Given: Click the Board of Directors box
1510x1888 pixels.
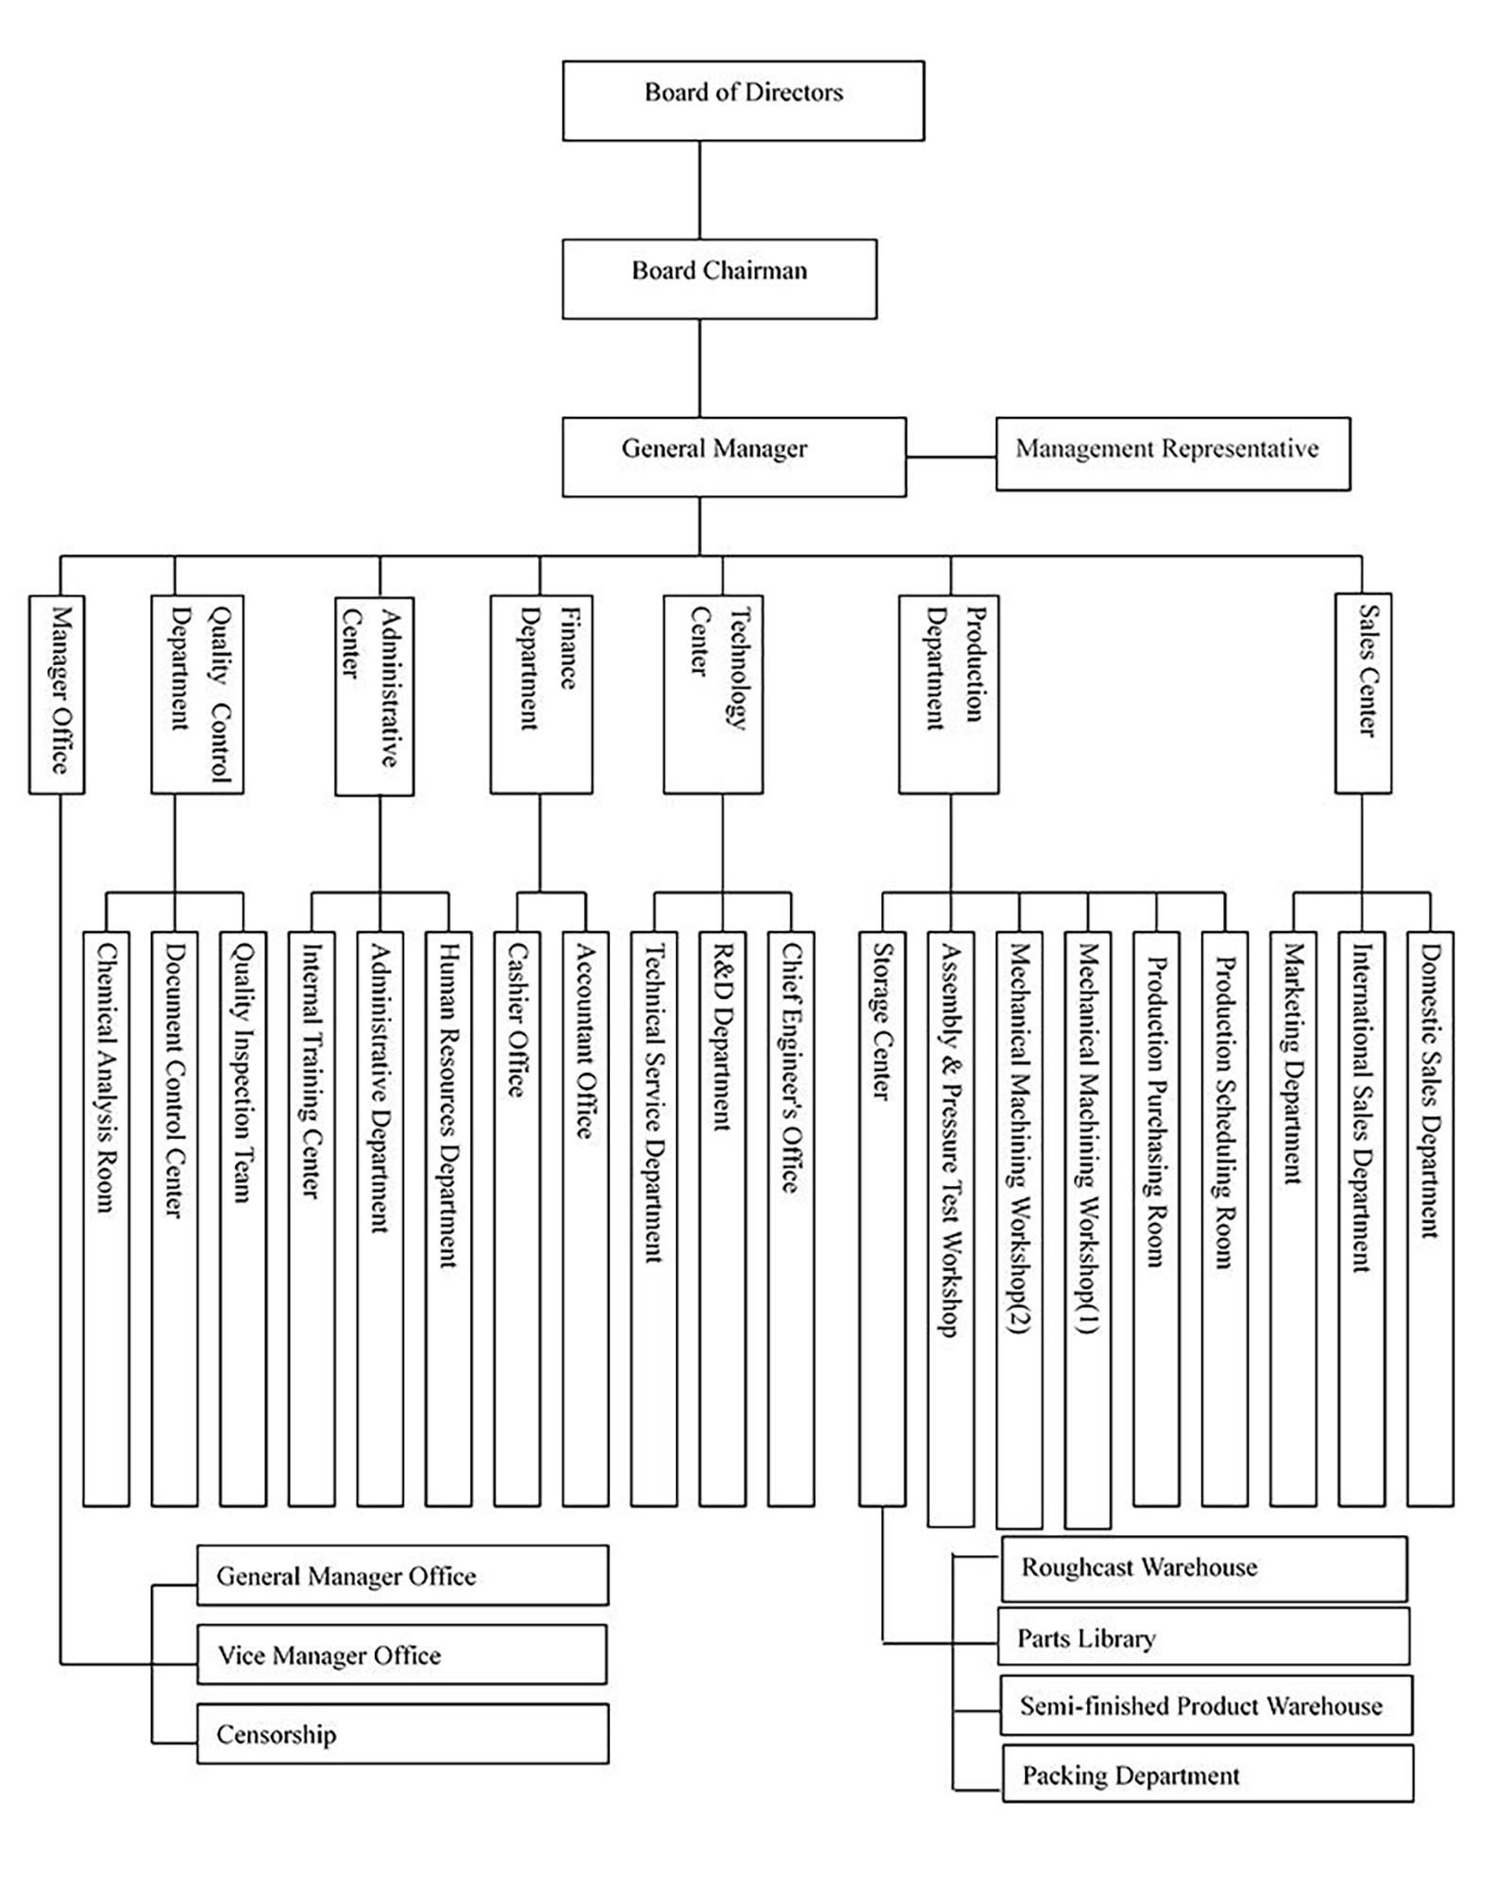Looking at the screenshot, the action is coord(743,101).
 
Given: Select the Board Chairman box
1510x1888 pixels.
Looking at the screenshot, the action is coord(719,278).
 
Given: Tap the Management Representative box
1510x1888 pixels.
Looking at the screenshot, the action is coord(1173,454).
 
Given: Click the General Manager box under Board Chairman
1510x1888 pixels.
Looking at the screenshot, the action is coord(734,457).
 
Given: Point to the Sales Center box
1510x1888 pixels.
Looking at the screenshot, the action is coord(1363,693).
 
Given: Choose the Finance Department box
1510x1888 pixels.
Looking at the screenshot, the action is coord(542,694).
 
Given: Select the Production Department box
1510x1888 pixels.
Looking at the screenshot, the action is coord(948,694).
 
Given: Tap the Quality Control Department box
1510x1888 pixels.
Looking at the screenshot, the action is coord(197,694).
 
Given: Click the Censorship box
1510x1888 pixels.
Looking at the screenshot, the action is coord(403,1733).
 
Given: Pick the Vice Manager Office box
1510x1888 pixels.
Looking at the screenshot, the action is coord(402,1654).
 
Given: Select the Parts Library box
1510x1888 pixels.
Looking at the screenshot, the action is coord(1203,1636).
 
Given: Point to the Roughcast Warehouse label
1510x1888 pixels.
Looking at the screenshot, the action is coord(1139,1567).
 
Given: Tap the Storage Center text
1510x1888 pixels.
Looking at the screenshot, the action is coord(882,1022).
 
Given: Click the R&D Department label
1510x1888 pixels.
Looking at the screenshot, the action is coord(722,1037).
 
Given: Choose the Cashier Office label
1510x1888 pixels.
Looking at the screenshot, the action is coord(517,1020).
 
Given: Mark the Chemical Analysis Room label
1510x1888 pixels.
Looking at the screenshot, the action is coord(106,1078).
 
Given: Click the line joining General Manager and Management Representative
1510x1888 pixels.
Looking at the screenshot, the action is coord(951,458).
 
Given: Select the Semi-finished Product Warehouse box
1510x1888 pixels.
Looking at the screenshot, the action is coord(1206,1705).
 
